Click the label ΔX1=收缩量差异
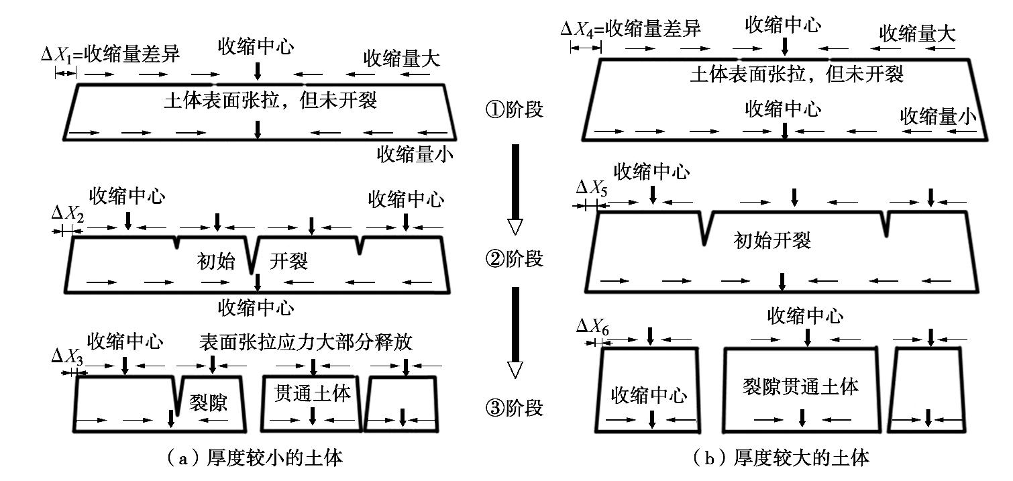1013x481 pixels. (x=110, y=54)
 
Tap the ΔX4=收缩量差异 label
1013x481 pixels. (x=631, y=30)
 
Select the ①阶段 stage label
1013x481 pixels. (x=513, y=110)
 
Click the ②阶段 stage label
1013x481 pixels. (x=513, y=259)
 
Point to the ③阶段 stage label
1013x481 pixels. (x=513, y=408)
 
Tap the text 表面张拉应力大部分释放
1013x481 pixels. (x=305, y=342)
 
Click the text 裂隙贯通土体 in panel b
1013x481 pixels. (x=801, y=386)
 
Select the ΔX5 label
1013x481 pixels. (x=592, y=190)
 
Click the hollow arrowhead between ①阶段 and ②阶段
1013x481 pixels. (x=515, y=227)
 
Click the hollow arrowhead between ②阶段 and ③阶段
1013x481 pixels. (x=515, y=370)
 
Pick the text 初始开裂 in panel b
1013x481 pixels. (x=773, y=240)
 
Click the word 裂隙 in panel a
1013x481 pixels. (x=209, y=403)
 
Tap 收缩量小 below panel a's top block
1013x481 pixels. (x=414, y=155)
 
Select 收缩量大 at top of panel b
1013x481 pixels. (x=917, y=34)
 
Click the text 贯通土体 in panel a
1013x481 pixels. (x=313, y=393)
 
